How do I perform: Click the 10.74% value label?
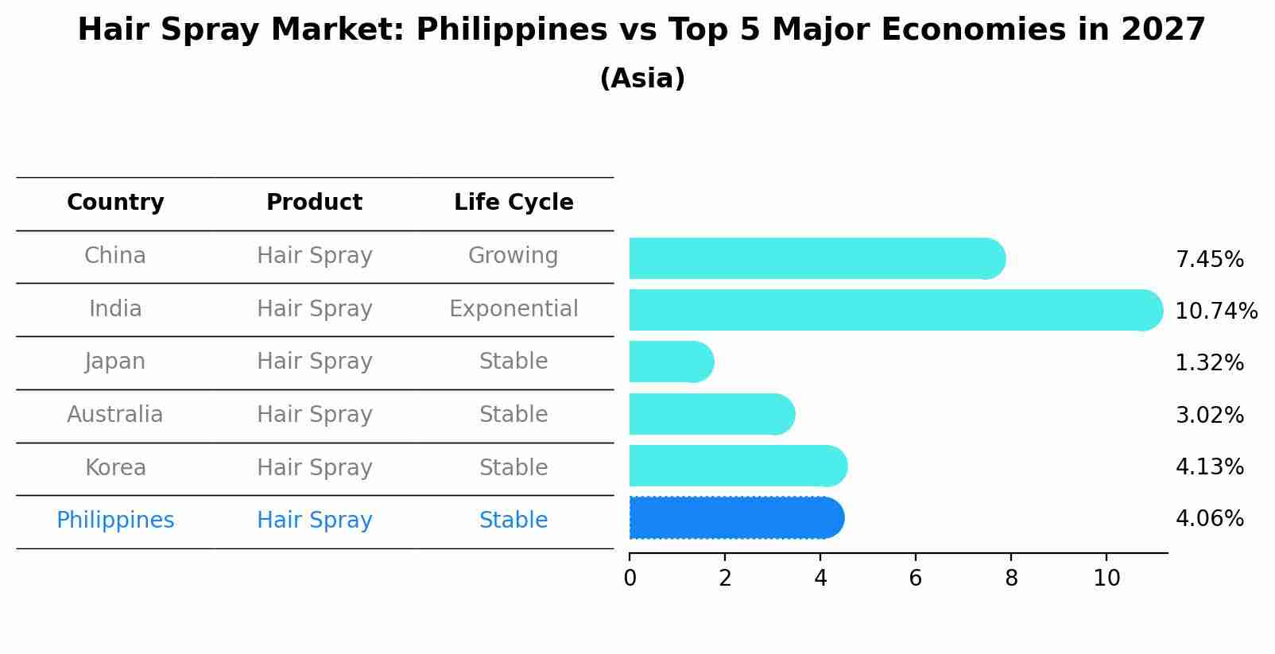point(1216,311)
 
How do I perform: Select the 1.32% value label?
point(1209,362)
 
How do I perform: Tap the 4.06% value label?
point(1209,518)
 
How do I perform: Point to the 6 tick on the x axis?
point(916,578)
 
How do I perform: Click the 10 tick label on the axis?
point(1106,578)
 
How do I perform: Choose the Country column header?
point(115,203)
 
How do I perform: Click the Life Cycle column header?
point(513,203)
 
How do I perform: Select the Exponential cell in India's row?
point(513,308)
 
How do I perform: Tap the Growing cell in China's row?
point(513,256)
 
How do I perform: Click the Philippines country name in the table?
point(115,520)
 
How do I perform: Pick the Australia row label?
point(115,414)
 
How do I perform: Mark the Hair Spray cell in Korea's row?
point(315,467)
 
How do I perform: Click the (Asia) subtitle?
point(642,79)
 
